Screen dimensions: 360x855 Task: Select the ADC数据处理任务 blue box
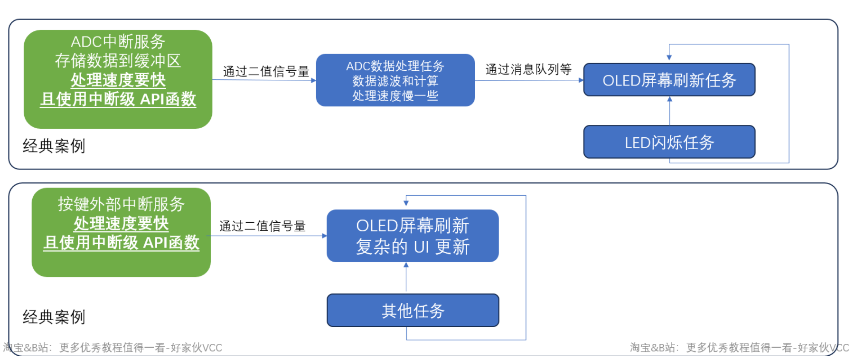pos(395,80)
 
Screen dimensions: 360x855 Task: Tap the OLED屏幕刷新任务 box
pos(669,80)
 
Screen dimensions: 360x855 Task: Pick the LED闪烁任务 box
pos(669,142)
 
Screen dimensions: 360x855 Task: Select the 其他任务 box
pos(413,311)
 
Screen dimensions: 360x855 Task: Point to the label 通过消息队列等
pos(528,69)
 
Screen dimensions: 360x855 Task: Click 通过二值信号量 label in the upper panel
pos(266,71)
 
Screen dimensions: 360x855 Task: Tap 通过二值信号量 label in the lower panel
pos(262,226)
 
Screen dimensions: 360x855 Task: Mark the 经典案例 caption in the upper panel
pos(54,146)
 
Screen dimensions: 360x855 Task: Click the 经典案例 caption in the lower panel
pos(54,317)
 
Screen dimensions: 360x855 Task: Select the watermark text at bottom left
pos(113,348)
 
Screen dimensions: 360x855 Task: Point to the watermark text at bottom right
pos(739,348)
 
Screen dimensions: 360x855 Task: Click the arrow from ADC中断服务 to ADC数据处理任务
pos(264,80)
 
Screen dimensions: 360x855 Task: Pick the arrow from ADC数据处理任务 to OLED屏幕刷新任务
pos(529,80)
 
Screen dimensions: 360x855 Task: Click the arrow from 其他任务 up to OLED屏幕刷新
pos(406,278)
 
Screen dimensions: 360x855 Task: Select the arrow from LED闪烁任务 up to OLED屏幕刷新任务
pos(669,111)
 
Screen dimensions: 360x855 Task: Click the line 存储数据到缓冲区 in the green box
pos(118,60)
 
